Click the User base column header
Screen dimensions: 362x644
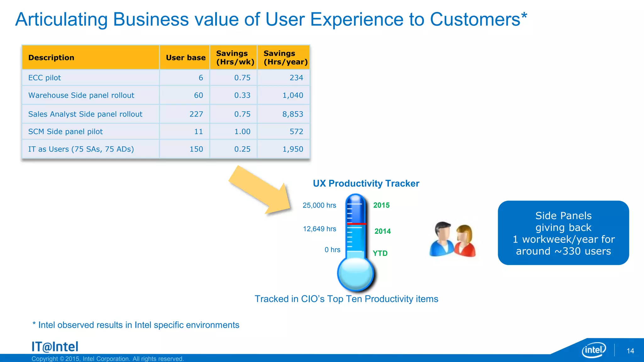186,58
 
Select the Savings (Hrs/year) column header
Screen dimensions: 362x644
285,58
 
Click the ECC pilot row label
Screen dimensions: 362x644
45,78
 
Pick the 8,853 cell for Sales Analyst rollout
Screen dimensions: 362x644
292,114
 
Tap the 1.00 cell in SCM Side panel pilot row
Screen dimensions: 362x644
242,132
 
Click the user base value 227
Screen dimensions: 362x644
196,114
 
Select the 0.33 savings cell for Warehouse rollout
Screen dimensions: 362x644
242,95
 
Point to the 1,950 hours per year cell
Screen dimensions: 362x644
292,149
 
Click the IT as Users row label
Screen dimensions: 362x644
81,149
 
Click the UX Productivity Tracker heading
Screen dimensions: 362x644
366,184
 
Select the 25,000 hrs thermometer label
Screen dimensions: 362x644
319,206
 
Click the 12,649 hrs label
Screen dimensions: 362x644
319,229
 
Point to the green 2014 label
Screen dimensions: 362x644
382,231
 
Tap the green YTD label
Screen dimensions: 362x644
380,253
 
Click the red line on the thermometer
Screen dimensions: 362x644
356,224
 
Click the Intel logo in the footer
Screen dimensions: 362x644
594,350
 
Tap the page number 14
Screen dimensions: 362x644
630,351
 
